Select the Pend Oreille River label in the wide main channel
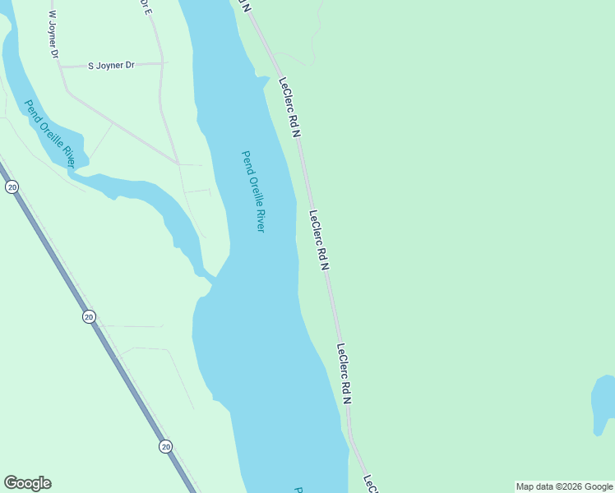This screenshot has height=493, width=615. coord(253,191)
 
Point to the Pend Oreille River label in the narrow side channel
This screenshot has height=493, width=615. coord(50,134)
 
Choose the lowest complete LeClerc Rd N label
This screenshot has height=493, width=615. coord(344,374)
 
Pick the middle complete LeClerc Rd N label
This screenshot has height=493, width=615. coord(319,240)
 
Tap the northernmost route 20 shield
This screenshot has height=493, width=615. coord(12,187)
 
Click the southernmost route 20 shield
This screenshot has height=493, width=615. coord(166,446)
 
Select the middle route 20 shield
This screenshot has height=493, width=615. coord(89,316)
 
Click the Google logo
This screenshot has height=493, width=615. coord(27,483)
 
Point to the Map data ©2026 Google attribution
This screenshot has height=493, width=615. coord(564,486)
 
